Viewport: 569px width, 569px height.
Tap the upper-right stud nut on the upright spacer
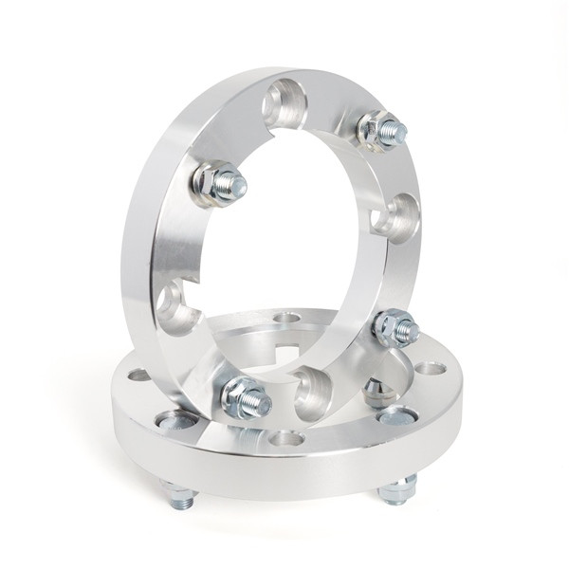(x=379, y=130)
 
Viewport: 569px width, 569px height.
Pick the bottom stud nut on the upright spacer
(x=244, y=398)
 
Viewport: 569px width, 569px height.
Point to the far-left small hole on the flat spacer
(x=139, y=375)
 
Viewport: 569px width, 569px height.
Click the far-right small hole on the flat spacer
(x=431, y=367)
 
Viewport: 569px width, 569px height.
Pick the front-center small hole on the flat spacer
(x=286, y=438)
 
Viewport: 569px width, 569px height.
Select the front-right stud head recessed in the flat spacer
(x=397, y=415)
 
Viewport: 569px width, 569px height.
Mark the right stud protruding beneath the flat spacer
(x=397, y=490)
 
